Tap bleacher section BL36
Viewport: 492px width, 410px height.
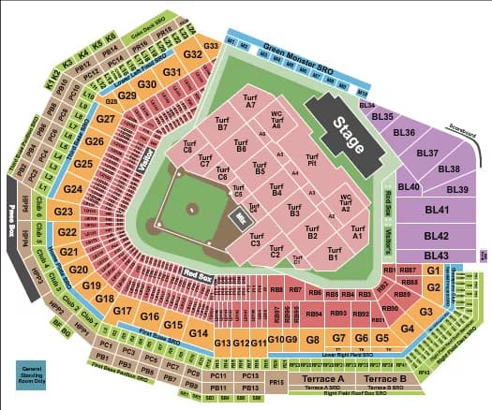(x=405, y=132)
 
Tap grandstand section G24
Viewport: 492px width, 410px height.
(x=74, y=189)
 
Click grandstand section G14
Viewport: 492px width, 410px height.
(x=198, y=334)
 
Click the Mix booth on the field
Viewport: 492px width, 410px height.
(x=240, y=219)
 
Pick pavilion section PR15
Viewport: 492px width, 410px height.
(x=276, y=383)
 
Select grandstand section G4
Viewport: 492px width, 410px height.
(x=408, y=329)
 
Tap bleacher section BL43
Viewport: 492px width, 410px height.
(x=437, y=256)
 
